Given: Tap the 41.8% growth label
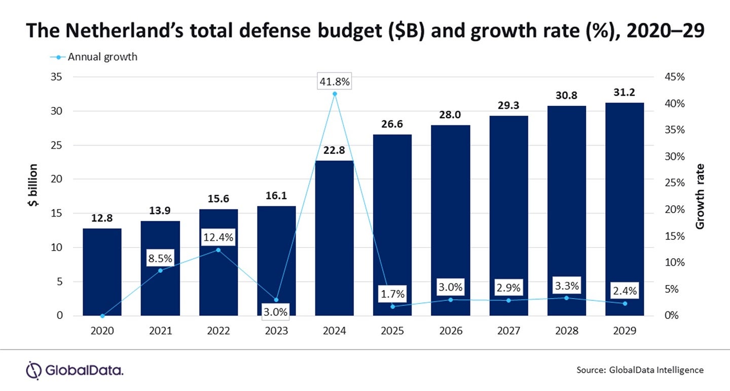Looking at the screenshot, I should coord(335,81).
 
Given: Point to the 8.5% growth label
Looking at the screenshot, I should coord(160,258).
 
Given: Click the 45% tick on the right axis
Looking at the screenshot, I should coord(674,77).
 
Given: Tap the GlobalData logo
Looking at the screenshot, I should coord(75,370).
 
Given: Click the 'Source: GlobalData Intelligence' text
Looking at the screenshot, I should coord(640,370).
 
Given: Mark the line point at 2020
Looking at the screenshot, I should coord(102,315).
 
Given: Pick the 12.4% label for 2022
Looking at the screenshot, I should coord(218,237).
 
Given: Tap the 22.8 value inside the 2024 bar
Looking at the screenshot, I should coord(335,150).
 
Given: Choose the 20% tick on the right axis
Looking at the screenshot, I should coord(674,209).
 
